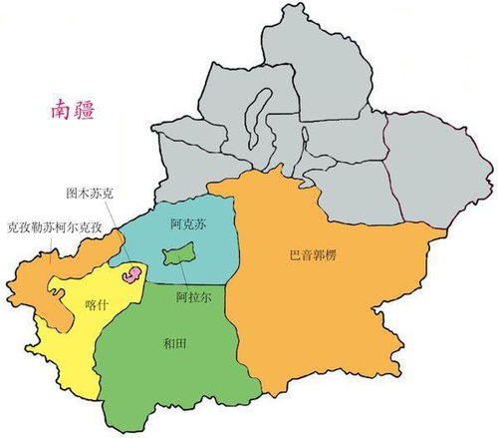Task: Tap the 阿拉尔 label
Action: [x=192, y=296]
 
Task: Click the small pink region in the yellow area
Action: [x=129, y=274]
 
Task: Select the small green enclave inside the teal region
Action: [x=178, y=255]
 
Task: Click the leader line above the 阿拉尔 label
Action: [x=183, y=276]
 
